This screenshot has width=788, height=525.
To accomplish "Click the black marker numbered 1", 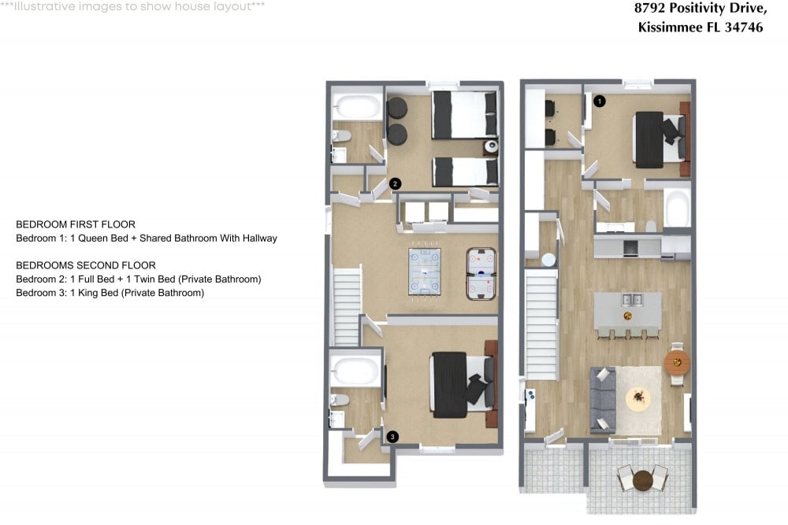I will [599, 101].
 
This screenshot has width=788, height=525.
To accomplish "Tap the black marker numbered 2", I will [396, 183].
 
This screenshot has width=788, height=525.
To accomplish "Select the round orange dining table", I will [677, 363].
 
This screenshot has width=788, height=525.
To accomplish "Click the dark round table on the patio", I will [643, 479].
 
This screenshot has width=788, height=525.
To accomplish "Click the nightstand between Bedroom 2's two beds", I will [491, 146].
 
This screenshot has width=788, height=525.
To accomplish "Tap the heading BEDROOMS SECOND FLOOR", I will [86, 265].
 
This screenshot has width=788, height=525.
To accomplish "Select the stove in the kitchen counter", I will [630, 248].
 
